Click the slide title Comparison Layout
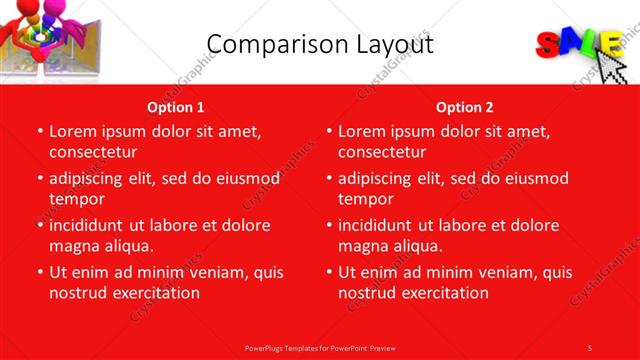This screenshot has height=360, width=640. tap(320, 44)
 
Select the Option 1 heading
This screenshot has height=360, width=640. tap(176, 107)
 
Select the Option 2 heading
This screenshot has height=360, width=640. tap(465, 107)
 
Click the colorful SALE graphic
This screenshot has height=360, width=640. tap(579, 45)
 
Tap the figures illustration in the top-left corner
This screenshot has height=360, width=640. tap(40, 42)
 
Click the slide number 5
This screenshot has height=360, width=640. tap(590, 347)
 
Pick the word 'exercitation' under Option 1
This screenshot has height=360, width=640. tap(154, 293)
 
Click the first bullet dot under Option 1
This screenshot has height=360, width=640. tap(39, 131)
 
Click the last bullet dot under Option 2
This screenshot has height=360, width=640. tap(328, 272)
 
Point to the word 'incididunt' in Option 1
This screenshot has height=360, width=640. tap(89, 225)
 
